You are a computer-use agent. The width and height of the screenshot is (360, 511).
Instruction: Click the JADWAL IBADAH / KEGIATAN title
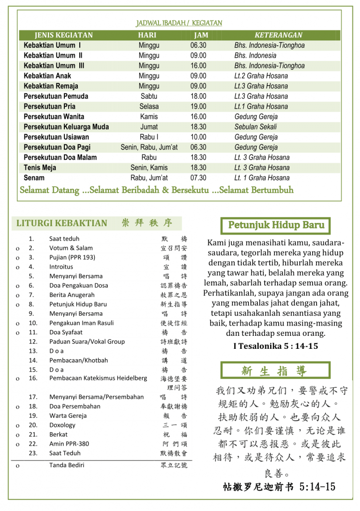pyautogui.click(x=179, y=23)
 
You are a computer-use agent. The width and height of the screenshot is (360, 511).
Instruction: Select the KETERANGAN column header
pyautogui.click(x=278, y=35)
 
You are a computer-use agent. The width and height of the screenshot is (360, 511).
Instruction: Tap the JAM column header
pyautogui.click(x=201, y=35)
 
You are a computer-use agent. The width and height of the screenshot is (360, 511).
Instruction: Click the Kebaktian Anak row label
pyautogui.click(x=47, y=76)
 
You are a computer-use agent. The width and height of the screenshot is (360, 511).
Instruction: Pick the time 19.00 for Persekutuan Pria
pyautogui.click(x=198, y=106)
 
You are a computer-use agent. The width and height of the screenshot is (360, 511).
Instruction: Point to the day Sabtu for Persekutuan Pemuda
pyautogui.click(x=149, y=96)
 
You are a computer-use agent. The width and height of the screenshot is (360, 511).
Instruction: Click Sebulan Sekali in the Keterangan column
pyautogui.click(x=255, y=127)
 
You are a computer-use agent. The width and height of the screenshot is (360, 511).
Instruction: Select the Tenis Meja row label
pyautogui.click(x=40, y=168)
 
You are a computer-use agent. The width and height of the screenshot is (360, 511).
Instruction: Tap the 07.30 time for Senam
pyautogui.click(x=198, y=178)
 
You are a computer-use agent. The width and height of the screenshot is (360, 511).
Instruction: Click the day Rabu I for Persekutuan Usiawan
pyautogui.click(x=149, y=137)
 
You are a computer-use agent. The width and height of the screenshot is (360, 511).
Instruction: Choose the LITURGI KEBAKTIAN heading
pyautogui.click(x=62, y=223)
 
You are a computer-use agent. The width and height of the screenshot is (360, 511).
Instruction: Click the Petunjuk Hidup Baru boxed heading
pyautogui.click(x=276, y=225)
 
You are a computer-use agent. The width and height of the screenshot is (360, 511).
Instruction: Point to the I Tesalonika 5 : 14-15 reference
pyautogui.click(x=275, y=346)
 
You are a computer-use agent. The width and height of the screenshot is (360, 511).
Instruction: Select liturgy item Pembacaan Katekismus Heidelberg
pyautogui.click(x=98, y=378)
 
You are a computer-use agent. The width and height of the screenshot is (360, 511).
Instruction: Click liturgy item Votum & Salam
pyautogui.click(x=71, y=248)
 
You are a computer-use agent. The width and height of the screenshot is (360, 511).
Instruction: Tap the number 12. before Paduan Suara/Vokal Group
pyautogui.click(x=33, y=342)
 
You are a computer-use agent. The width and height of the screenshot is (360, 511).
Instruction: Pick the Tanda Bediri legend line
pyautogui.click(x=67, y=465)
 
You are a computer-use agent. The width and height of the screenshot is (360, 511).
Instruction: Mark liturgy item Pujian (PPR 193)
pyautogui.click(x=72, y=257)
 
